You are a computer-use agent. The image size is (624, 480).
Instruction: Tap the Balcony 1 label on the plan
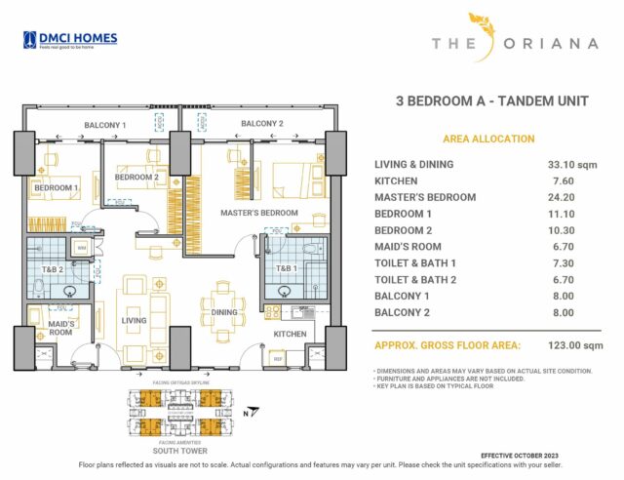point(104,125)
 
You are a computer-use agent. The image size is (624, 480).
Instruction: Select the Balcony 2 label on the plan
point(261,124)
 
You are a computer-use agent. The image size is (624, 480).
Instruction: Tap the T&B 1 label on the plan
point(286,267)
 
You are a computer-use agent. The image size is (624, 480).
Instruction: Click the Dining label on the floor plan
point(225,312)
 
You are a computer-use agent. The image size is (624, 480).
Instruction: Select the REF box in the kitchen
point(278,358)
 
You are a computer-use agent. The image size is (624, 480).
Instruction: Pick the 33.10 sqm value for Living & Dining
point(571,165)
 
